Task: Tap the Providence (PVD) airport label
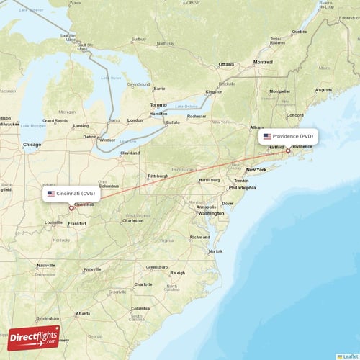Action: tap(288, 136)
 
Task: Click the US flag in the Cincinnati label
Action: tap(51, 194)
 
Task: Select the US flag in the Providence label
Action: tap(267, 136)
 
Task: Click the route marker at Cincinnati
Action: tap(71, 208)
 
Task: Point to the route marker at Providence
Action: tap(288, 150)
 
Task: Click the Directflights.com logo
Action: tap(34, 336)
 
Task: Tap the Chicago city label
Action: tap(32, 145)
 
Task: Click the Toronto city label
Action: tap(158, 105)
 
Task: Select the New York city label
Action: tap(256, 170)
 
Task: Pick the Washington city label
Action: tap(211, 213)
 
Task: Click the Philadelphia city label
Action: tap(242, 187)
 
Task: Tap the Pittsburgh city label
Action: tap(158, 176)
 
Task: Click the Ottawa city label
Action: tap(226, 63)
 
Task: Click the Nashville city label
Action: tap(46, 265)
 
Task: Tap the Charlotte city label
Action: tap(143, 284)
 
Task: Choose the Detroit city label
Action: tap(90, 136)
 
